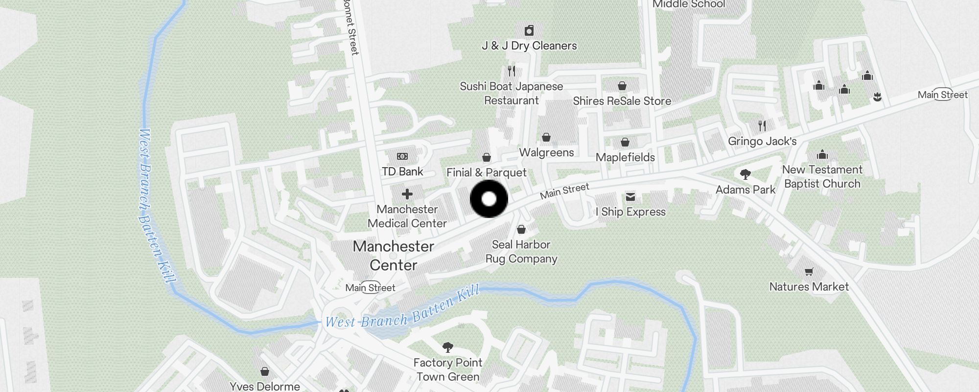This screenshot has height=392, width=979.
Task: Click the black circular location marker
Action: tap(489, 199)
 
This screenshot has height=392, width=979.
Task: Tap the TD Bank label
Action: tap(402, 171)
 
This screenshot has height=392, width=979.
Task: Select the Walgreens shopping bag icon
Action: tap(546, 137)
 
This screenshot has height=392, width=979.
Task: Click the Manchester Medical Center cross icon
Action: tap(407, 194)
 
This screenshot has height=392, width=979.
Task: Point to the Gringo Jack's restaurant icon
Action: tap(762, 126)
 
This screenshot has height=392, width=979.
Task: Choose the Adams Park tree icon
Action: tap(746, 174)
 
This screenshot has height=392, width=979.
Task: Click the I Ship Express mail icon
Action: tap(630, 197)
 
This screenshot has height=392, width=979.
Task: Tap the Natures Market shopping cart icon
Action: tap(809, 271)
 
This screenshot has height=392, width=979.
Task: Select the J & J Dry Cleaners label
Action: tap(529, 46)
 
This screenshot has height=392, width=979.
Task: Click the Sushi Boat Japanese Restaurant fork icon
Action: tap(512, 71)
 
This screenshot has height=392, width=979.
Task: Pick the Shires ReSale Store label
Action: tap(622, 101)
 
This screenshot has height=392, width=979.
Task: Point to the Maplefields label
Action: tap(625, 157)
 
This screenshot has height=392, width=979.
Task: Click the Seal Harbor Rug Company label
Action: tap(521, 251)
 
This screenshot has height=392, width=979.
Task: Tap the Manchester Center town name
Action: tap(394, 255)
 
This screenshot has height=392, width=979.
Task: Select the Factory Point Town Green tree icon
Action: tap(447, 347)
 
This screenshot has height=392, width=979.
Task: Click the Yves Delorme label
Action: tap(265, 386)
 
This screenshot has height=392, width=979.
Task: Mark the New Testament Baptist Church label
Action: tap(822, 176)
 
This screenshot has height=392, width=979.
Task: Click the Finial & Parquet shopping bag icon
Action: tap(487, 157)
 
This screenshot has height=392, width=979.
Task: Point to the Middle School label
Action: tap(689, 4)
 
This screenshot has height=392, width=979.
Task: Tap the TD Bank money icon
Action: tap(402, 156)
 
